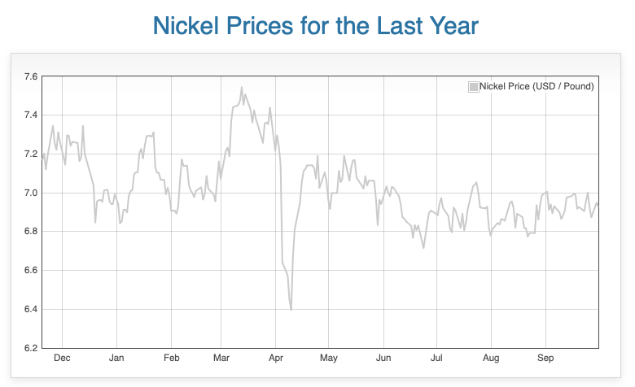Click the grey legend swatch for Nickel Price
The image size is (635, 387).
click(473, 86)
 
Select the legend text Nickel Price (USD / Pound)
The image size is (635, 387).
click(536, 86)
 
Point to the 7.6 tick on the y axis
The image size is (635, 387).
click(30, 76)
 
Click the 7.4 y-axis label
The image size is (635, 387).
click(30, 115)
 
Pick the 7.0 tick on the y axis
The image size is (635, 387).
click(30, 193)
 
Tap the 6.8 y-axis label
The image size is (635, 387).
click(30, 231)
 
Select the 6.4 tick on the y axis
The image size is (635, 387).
click(30, 309)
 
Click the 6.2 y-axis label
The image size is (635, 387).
click(30, 348)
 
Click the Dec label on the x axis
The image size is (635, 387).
click(61, 358)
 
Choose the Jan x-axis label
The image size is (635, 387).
click(116, 358)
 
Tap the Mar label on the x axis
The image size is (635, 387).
click(221, 358)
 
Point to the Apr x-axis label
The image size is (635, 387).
click(276, 358)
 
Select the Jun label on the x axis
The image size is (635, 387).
click(383, 358)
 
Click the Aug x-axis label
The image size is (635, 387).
click(491, 358)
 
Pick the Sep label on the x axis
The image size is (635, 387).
click(545, 358)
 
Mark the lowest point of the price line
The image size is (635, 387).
click(291, 310)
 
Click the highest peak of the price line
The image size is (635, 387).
click(242, 87)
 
